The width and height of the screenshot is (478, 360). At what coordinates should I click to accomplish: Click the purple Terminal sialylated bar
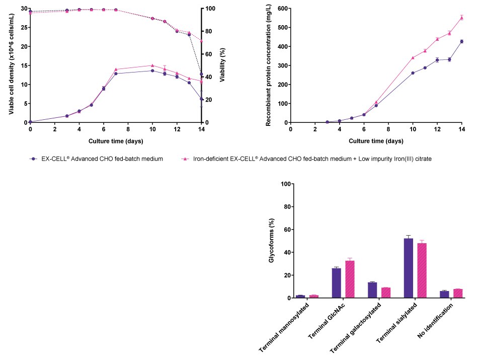click(409, 268)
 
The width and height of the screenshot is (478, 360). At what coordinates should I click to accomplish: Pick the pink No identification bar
click(457, 294)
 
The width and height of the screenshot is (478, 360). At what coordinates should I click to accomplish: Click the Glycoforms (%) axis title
click(272, 241)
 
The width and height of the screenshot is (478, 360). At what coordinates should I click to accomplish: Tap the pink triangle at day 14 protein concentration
click(462, 18)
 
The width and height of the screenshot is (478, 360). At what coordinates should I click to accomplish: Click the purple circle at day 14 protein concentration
click(462, 41)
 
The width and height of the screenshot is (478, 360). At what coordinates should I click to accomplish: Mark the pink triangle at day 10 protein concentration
click(413, 58)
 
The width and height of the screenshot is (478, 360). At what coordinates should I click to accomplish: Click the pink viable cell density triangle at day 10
click(152, 65)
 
